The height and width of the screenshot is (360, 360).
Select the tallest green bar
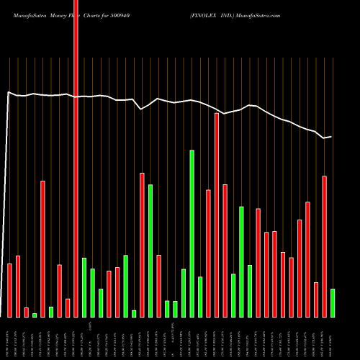[192, 233]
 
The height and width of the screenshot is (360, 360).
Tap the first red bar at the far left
[9, 290]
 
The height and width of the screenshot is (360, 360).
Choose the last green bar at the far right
[333, 302]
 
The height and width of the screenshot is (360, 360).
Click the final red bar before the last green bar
[324, 246]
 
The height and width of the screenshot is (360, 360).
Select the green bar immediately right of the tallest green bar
[200, 297]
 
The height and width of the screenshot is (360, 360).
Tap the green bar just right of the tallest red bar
[84, 287]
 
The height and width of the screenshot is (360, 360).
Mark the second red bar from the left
[18, 286]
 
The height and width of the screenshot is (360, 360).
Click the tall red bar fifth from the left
[42, 248]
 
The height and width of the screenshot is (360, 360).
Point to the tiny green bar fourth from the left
[35, 315]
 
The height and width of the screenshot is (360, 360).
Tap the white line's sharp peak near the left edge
[8, 92]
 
